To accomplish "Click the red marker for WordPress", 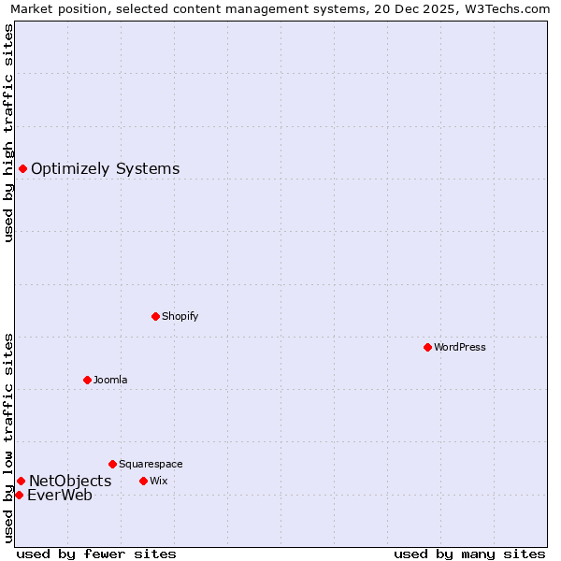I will tap(427, 347).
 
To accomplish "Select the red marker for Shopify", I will tap(155, 316).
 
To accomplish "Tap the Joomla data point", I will tap(87, 380).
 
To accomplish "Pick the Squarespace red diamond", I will tap(112, 464).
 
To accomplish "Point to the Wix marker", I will tap(143, 481).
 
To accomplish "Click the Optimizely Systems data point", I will tap(22, 168).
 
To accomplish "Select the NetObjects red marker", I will tap(21, 481).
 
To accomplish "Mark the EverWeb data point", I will tap(19, 495).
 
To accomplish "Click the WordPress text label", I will tap(460, 347).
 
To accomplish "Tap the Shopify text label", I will tap(180, 316).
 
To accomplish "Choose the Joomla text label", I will tap(110, 380).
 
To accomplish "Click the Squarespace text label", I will tap(151, 464).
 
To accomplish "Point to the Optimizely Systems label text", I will tap(106, 169).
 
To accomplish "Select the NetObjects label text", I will tap(70, 481).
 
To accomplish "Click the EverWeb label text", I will tap(60, 496).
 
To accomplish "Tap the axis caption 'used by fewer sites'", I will tap(96, 554).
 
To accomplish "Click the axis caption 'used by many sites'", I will tap(469, 554).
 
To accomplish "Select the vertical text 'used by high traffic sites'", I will tap(9, 133).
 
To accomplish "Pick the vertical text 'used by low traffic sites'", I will tap(9, 437).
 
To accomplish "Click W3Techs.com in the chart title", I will tap(504, 8).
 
